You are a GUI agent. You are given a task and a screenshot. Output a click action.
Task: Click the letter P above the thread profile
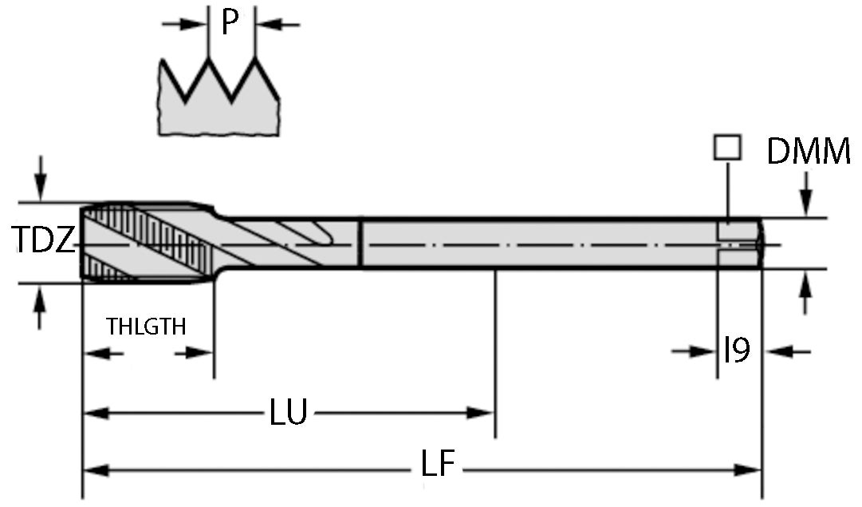point(230,23)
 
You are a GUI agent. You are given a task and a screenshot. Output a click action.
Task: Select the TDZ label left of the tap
point(44,239)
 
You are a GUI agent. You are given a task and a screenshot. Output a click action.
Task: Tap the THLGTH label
point(147,327)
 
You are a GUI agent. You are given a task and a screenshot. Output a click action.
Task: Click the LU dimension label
point(288,413)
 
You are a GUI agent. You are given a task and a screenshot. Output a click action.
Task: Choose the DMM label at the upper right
point(808,152)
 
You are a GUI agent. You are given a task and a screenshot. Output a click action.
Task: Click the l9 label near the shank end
point(737,350)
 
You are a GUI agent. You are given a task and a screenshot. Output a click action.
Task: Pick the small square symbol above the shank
point(727,147)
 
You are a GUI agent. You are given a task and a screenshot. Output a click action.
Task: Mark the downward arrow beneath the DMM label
point(807,199)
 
